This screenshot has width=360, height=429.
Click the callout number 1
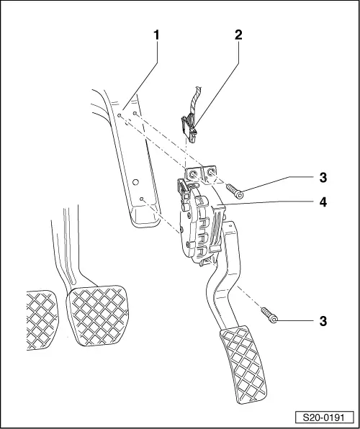pos(156,35)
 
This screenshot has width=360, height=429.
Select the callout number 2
pos(238,35)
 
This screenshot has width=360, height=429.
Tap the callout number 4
pos(323,203)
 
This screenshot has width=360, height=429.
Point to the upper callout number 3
pos(323,178)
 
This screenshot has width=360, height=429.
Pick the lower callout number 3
pos(323,321)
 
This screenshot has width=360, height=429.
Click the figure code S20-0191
pos(324,418)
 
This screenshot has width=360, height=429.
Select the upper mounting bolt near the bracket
pos(235,191)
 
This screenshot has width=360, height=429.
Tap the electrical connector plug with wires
pos(189,128)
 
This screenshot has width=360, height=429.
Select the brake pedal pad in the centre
pos(98,315)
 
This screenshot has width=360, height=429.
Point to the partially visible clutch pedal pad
pos(42,320)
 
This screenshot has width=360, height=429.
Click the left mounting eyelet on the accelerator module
pos(193,173)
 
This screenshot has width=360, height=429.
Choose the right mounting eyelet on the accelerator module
pos(211,173)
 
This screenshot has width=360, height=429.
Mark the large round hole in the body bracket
pos(135,182)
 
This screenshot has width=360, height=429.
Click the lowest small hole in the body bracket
pos(142,199)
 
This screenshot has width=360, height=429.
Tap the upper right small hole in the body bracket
pos(135,113)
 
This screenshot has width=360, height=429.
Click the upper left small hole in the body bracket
pos(119,116)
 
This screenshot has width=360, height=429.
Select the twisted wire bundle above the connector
pos(194,102)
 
